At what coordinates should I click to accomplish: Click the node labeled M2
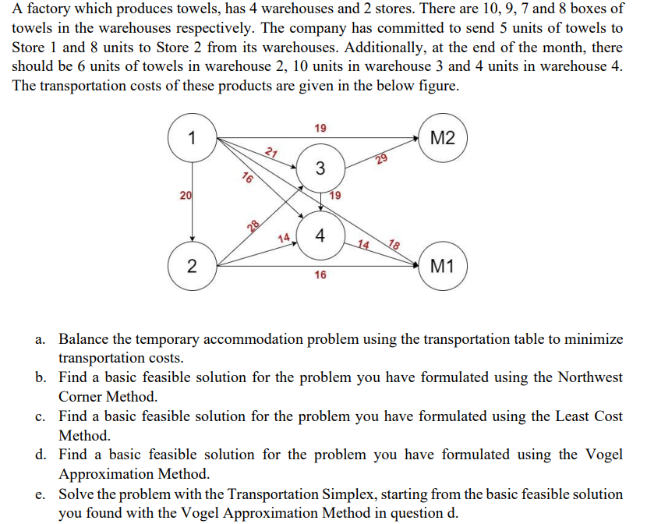442,140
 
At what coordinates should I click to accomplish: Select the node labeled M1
442,267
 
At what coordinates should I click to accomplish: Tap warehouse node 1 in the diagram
192,140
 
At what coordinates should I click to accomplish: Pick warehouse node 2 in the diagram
192,267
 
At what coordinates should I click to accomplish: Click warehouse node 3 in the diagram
320,168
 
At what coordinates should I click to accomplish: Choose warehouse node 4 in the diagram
320,235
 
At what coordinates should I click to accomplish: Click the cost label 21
270,152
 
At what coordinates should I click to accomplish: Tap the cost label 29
381,161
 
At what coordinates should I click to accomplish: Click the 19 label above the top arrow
320,127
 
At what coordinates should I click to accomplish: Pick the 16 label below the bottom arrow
320,275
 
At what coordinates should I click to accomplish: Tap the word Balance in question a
85,339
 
